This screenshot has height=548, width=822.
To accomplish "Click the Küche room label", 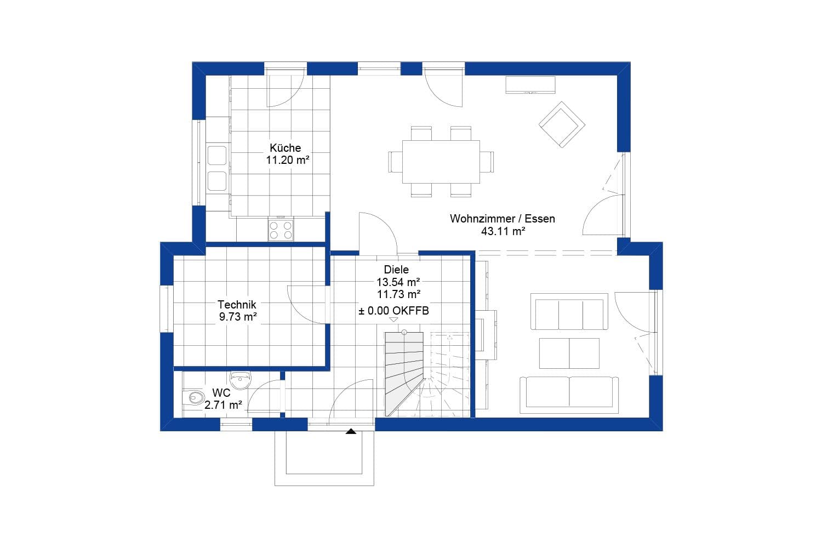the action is pyautogui.click(x=285, y=147).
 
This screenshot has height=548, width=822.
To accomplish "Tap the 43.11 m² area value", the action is pyautogui.click(x=503, y=231).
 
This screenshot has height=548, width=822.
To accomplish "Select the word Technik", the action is pyautogui.click(x=237, y=304).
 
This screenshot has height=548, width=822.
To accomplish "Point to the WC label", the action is pyautogui.click(x=221, y=393).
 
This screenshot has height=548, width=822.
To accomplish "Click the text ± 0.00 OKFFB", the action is pyautogui.click(x=394, y=311).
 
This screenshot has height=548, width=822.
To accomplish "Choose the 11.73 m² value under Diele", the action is pyautogui.click(x=398, y=294).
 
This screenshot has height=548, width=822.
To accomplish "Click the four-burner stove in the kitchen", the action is pyautogui.click(x=281, y=230).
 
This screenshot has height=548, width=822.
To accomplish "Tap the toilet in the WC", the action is pyautogui.click(x=194, y=397).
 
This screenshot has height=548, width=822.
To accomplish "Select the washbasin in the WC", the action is pyautogui.click(x=241, y=380).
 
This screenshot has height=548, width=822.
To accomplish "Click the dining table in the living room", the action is pyautogui.click(x=441, y=162).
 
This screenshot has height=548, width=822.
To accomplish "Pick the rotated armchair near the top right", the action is pyautogui.click(x=562, y=124).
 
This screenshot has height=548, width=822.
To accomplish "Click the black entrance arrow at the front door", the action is pyautogui.click(x=351, y=431).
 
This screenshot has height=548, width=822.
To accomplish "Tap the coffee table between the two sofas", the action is pyautogui.click(x=569, y=353).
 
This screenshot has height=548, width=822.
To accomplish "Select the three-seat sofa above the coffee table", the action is pyautogui.click(x=569, y=311).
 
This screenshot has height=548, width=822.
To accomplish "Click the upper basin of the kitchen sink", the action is pyautogui.click(x=217, y=156).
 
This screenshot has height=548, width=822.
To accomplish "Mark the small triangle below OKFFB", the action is pyautogui.click(x=393, y=319).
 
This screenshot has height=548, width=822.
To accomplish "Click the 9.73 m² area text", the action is pyautogui.click(x=238, y=316).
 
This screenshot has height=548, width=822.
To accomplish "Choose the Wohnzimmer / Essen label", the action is pyautogui.click(x=503, y=219).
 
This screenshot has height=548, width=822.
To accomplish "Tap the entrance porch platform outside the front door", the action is pyautogui.click(x=324, y=458).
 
